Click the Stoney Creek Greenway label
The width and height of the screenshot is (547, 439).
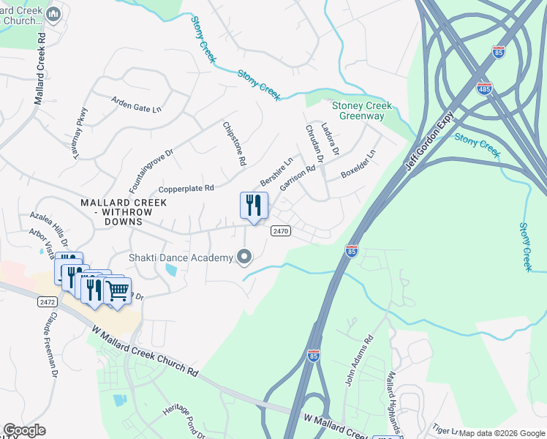point(362,110)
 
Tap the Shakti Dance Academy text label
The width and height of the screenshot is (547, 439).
point(180,257)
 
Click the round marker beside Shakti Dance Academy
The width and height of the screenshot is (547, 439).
point(245,257)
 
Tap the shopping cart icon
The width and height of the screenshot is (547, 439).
point(117,290)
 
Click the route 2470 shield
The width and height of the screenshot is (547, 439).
point(281,230)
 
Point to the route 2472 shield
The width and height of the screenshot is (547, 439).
point(46,301)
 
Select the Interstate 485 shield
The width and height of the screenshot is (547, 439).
point(484,89)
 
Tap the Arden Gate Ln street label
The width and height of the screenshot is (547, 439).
point(136,104)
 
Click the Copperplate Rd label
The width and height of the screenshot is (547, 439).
point(186,188)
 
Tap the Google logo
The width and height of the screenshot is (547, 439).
point(25,430)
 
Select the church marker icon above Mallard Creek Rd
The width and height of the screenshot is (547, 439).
point(53,14)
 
